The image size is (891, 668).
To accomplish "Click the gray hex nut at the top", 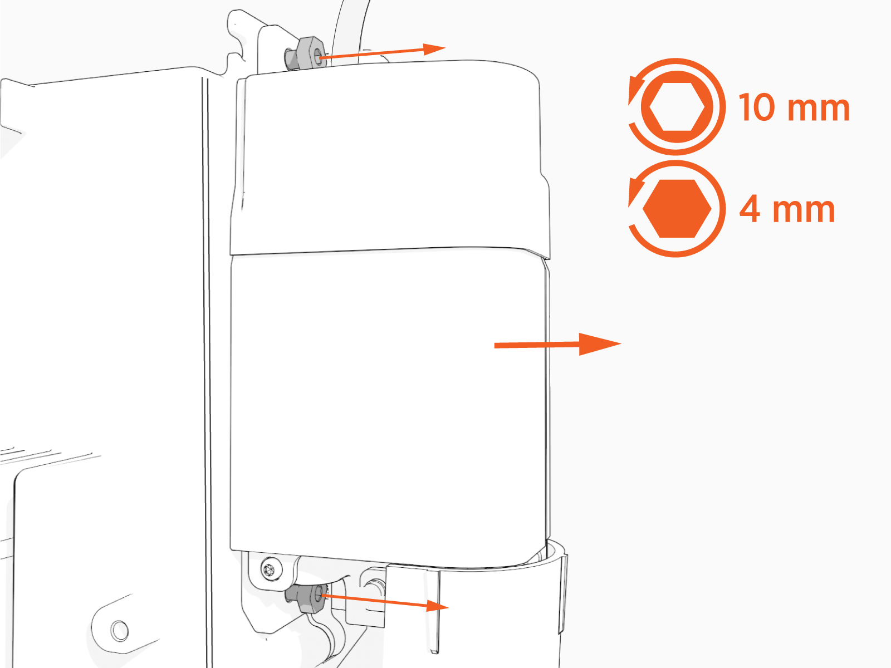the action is point(310,53).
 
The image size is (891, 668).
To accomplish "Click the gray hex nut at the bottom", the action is point(311,598).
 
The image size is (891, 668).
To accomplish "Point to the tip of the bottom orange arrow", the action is point(448,607).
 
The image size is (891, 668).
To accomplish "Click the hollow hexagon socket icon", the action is point(677,107).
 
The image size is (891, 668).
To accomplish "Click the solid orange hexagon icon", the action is point(677,208).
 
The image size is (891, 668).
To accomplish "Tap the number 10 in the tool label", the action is point(757,107).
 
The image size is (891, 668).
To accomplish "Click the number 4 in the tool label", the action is point(750,208).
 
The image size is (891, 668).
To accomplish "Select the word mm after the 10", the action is point(819,110).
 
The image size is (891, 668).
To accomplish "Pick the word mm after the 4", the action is point(804,211).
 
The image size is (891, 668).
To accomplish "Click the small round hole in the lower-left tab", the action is point(120,630).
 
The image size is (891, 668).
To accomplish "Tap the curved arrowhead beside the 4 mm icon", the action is point(635,191).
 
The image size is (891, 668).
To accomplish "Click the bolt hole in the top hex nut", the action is point(319,54).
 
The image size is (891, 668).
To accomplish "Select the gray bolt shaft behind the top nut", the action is point(291,59).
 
